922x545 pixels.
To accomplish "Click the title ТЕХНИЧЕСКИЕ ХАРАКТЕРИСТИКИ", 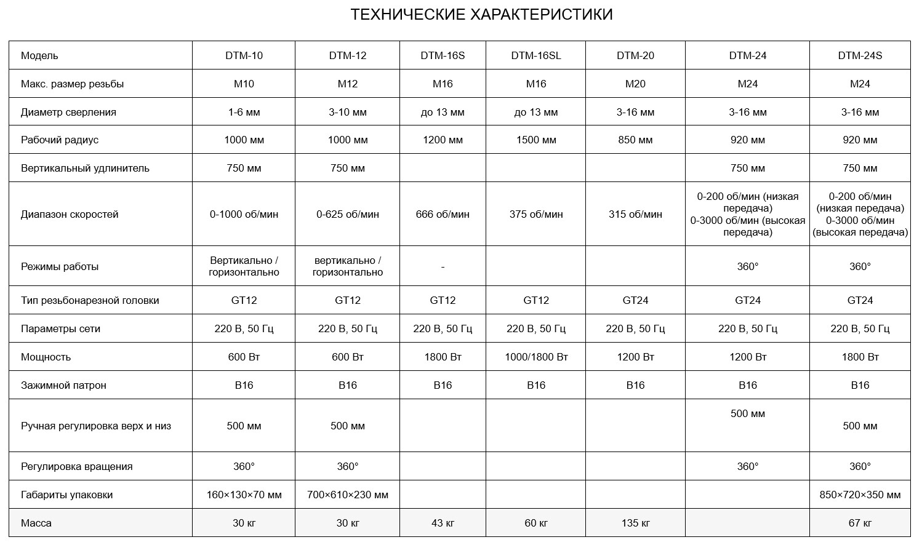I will coord(481,15).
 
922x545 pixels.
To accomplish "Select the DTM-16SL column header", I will coord(535,55).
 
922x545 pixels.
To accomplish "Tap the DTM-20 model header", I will coord(635,55).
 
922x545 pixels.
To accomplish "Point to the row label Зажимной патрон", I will coord(63,385).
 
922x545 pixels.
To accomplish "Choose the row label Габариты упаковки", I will coord(66,495).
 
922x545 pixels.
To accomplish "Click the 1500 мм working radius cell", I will coord(535,140).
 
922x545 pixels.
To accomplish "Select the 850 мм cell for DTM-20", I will coord(635,140).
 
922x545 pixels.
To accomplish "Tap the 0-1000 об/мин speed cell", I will coord(244,215).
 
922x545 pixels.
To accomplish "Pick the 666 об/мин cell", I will coord(443,215).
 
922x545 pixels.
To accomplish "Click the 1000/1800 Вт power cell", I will coord(535,357).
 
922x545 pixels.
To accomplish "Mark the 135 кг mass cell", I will coord(635,523).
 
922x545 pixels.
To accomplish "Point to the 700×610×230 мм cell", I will coord(348,495).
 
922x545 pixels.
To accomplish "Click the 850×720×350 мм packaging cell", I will coord(860,495).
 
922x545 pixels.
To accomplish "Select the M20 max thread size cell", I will coord(635,84).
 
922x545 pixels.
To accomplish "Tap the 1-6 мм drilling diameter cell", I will coord(244,112).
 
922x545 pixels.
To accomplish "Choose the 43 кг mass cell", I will coord(443,523).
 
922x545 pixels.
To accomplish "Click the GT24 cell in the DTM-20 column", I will coord(635,300).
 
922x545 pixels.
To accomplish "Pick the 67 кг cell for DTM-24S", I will coord(860,523).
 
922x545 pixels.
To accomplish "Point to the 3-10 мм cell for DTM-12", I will coord(348,112).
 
